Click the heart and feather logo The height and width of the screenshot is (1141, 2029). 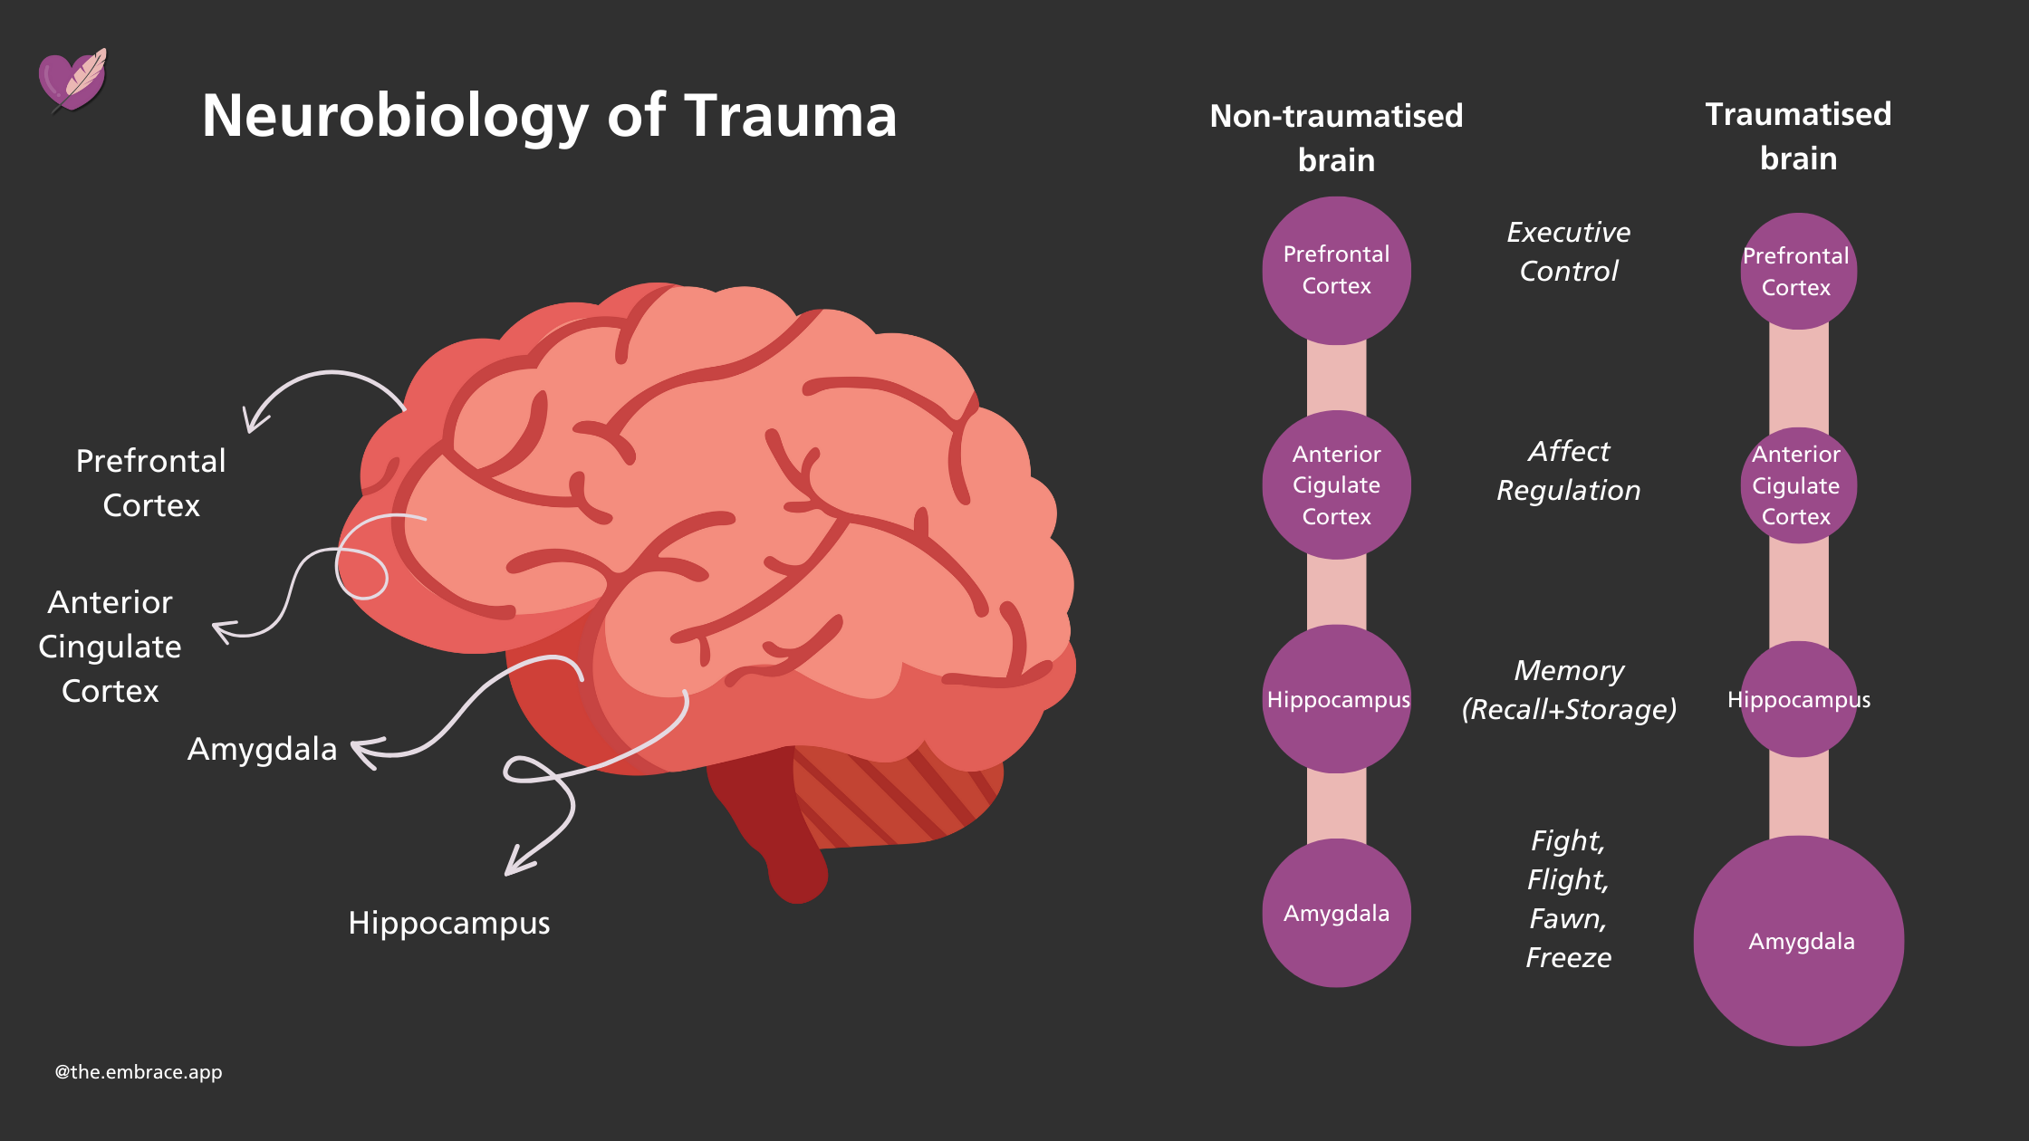tap(72, 81)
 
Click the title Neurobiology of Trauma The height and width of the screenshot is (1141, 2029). tap(549, 116)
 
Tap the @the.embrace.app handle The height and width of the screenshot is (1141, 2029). tap(139, 1072)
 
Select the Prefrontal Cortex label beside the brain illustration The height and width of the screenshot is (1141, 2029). tap(151, 483)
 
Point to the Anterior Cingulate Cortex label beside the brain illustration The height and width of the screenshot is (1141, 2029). tap(111, 647)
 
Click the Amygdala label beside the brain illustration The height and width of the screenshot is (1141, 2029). tap(262, 750)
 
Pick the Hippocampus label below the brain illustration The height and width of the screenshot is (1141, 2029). tap(449, 923)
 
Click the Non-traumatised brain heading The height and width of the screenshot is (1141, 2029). tap(1336, 138)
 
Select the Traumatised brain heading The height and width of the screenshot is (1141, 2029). tap(1798, 136)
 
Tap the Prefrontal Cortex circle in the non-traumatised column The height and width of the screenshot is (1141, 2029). tap(1336, 270)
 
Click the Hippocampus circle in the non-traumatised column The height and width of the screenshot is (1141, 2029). tap(1337, 699)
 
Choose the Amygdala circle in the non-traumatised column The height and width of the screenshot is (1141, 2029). tap(1336, 913)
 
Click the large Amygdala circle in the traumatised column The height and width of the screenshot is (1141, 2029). tap(1799, 942)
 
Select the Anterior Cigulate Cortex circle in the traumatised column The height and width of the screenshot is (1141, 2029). tap(1798, 485)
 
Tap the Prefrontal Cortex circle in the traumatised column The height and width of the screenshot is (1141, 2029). tap(1798, 271)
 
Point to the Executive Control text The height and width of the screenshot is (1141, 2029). tap(1569, 252)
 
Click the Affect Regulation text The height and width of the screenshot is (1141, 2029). tap(1569, 471)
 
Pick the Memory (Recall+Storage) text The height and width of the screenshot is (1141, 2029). tap(1569, 690)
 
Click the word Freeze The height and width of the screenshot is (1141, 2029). tap(1569, 957)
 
